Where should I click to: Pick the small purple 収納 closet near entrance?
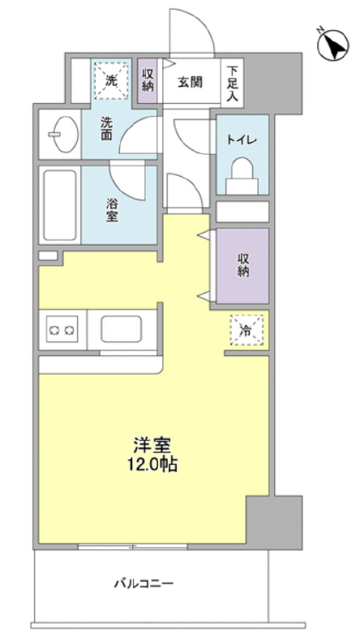point(147,79)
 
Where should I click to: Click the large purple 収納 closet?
point(241,265)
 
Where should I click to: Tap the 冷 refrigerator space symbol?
point(246,329)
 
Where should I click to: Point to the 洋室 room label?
point(152,447)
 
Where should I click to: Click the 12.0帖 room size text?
point(152,465)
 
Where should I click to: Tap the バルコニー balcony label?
point(144,582)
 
